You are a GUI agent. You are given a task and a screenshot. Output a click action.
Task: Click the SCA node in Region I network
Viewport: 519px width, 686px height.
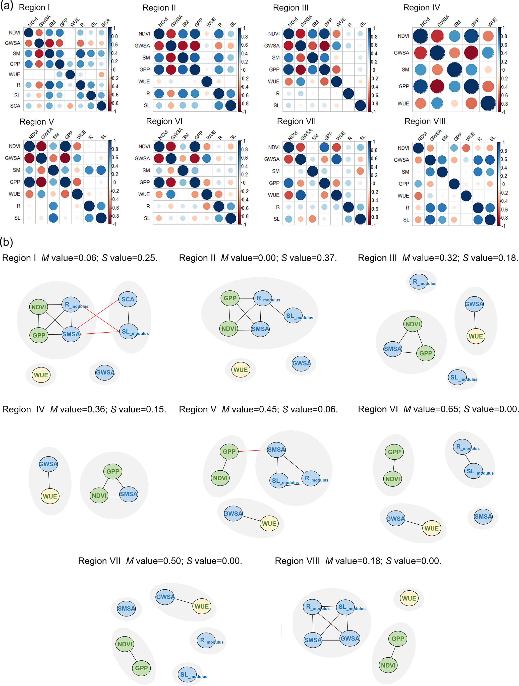click(x=128, y=299)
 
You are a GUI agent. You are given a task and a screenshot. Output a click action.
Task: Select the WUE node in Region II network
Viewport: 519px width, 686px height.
click(x=241, y=370)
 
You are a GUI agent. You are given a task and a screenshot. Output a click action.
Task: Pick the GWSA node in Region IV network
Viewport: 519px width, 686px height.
click(x=48, y=464)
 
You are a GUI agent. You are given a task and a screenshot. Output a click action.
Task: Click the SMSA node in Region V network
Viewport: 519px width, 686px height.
click(x=276, y=450)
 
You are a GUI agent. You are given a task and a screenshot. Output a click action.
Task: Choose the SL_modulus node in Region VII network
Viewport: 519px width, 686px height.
click(x=187, y=674)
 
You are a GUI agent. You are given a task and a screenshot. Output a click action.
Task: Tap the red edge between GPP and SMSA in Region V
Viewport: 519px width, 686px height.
click(x=253, y=451)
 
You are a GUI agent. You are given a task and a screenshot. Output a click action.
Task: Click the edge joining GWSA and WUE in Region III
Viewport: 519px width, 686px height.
click(x=475, y=320)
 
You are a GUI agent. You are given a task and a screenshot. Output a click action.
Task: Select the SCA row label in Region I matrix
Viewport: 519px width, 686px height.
click(x=15, y=106)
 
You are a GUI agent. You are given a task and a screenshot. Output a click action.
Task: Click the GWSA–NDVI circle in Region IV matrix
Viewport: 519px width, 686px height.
click(x=420, y=53)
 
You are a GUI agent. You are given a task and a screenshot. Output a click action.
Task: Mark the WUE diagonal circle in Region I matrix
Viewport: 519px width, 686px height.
click(x=70, y=75)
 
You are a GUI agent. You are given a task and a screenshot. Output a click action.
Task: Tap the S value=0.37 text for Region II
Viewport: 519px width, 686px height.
click(x=309, y=258)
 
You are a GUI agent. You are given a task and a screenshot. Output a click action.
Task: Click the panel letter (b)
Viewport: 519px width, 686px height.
click(x=7, y=242)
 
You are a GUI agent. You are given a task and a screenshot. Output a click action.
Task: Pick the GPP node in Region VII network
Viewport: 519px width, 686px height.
click(x=141, y=668)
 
